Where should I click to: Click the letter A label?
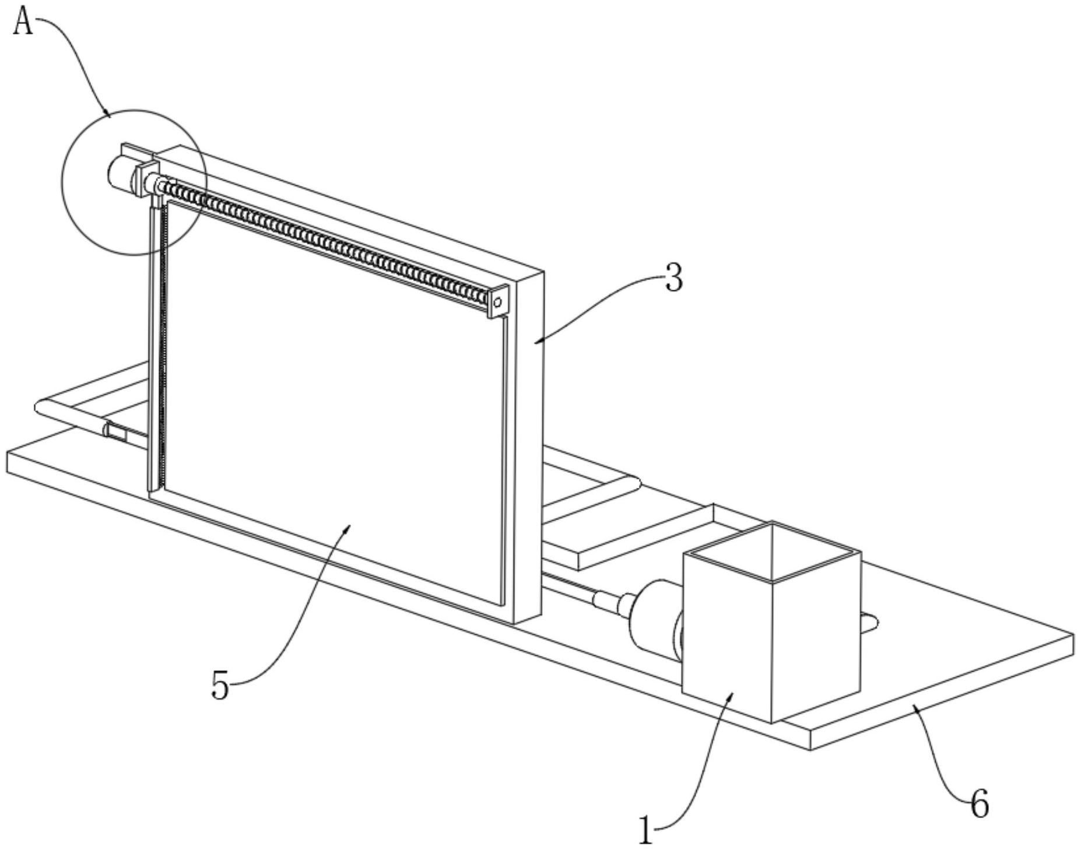(23, 22)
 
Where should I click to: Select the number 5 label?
(220, 685)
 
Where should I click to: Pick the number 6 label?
(980, 805)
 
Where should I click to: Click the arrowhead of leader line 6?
(914, 705)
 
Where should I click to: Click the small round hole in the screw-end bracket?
(497, 302)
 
